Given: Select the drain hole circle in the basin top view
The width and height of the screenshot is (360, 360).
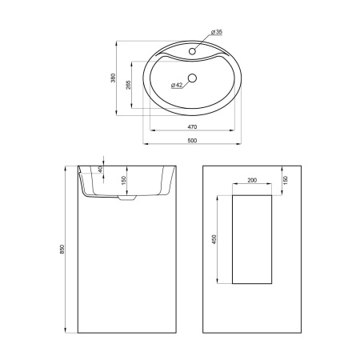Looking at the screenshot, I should (192, 80).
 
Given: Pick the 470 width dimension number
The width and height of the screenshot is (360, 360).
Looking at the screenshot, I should (192, 127).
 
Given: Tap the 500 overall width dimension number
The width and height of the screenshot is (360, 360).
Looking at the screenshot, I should (192, 141).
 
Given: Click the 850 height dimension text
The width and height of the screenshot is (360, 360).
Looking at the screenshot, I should (63, 250).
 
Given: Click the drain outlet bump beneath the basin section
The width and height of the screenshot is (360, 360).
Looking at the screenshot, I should (125, 201).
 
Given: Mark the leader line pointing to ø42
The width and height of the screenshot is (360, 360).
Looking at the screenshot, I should (184, 82).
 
